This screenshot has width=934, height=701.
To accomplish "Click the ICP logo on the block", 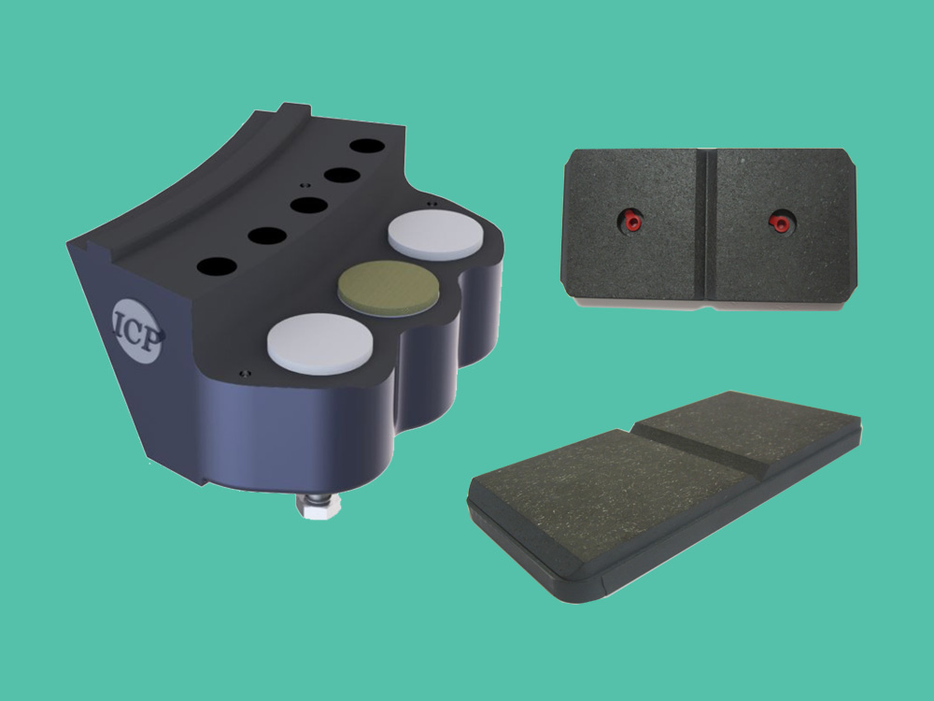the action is (137, 330).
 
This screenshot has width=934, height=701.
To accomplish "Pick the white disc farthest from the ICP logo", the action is (435, 234).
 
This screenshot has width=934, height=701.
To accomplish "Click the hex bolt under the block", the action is (318, 505).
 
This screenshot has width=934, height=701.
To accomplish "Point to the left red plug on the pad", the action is (631, 222).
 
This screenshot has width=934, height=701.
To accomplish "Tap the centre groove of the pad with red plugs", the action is (706, 223).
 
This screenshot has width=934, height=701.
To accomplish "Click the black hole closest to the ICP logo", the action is (217, 266).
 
